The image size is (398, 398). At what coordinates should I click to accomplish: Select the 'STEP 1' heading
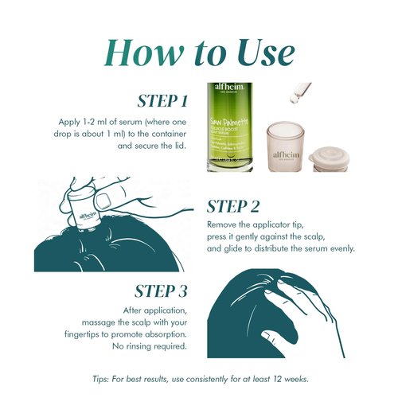point(162,101)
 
